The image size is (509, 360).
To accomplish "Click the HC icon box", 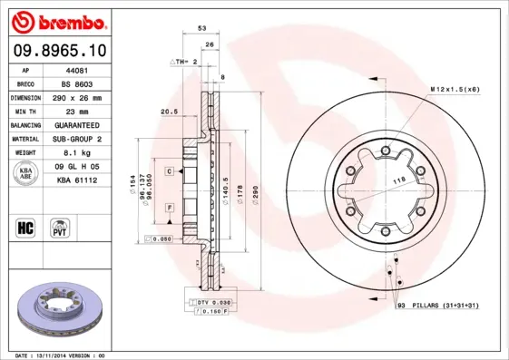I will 25,228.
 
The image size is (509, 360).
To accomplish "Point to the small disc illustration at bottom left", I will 62,307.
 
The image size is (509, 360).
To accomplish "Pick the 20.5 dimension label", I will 167,112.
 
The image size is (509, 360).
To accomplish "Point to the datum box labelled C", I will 169,170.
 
